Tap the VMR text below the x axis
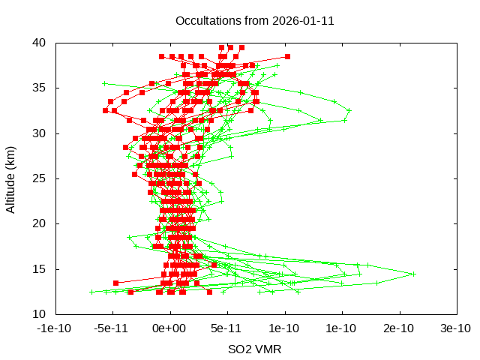[268, 349]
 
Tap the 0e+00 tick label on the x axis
[170, 328]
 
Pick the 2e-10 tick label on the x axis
[399, 328]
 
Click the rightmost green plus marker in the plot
[413, 274]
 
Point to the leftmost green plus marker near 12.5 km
[91, 292]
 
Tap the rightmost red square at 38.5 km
[287, 56]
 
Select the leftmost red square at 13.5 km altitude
[115, 283]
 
